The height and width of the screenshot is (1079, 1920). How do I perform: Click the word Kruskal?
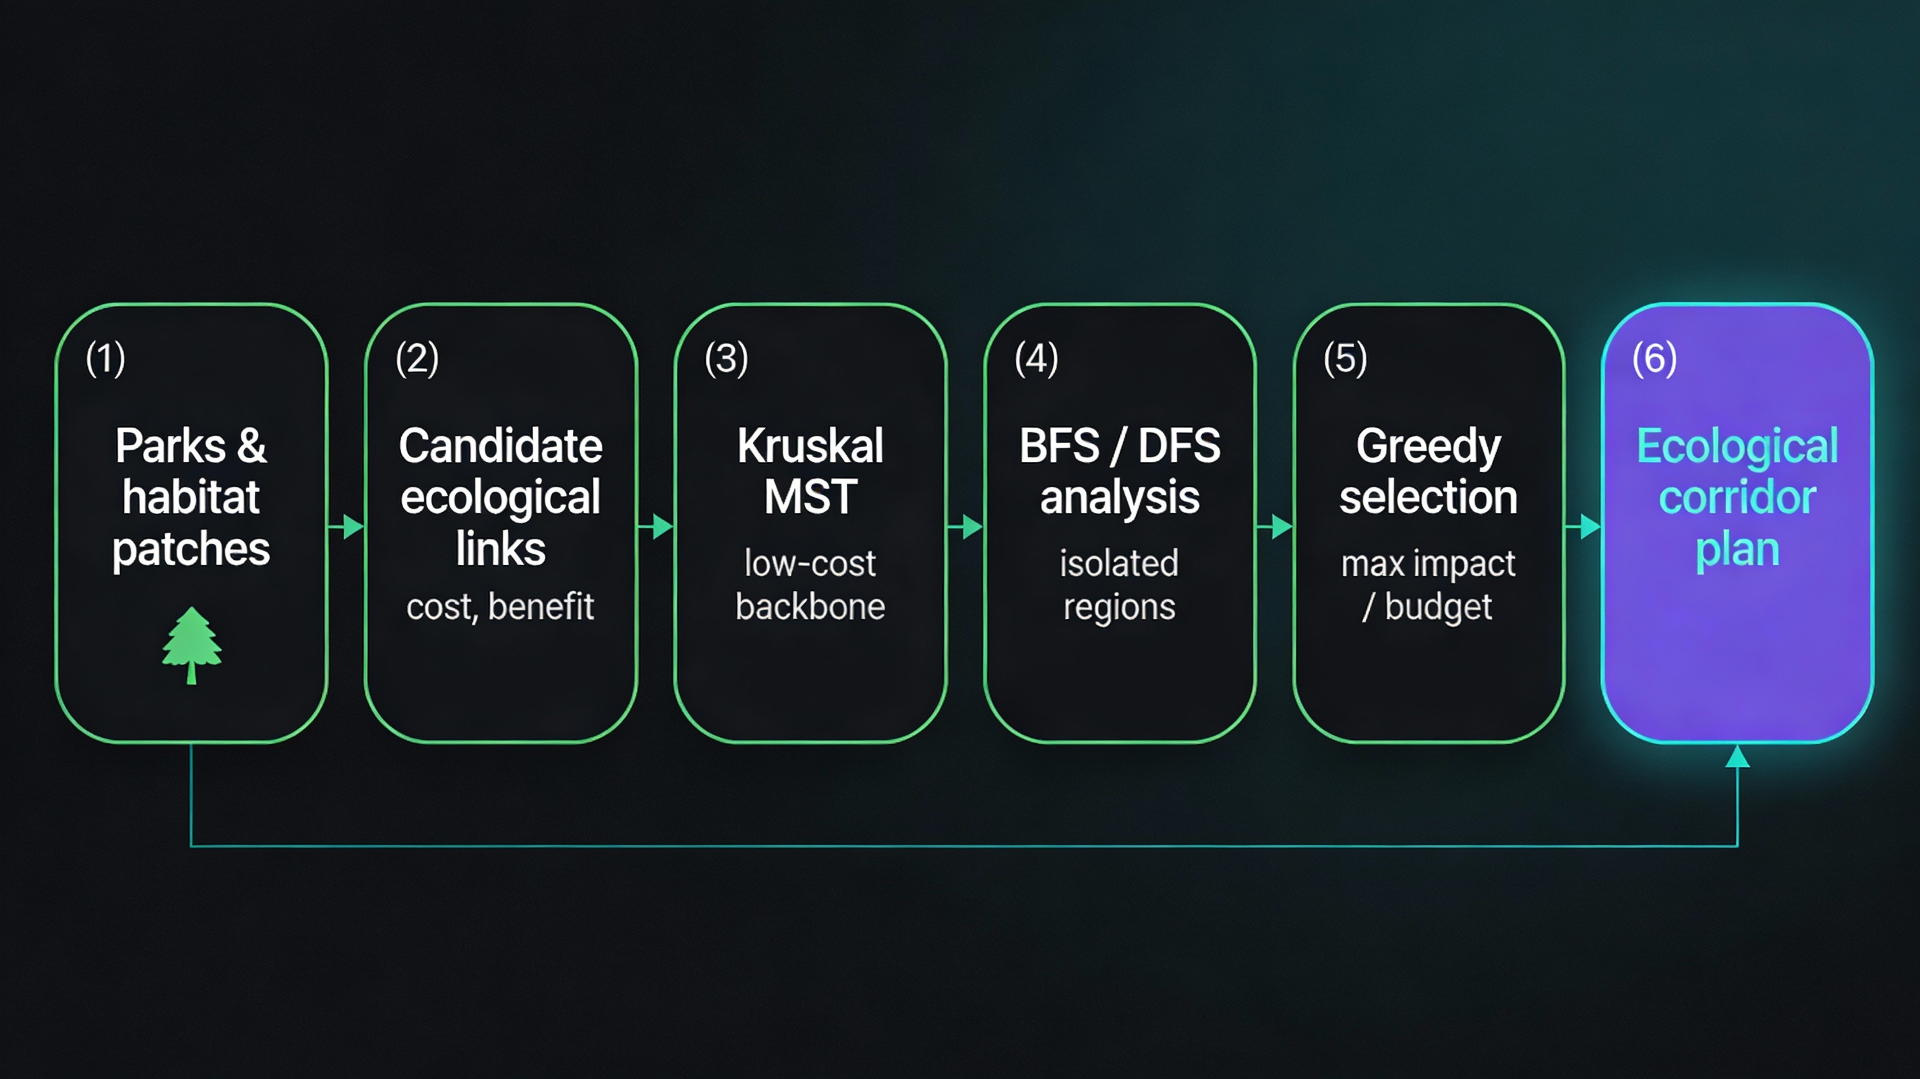tap(810, 446)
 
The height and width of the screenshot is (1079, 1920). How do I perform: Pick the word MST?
tap(810, 498)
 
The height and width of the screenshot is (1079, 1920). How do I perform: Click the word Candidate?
tap(500, 446)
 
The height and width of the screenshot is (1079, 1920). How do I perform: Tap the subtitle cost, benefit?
tap(500, 606)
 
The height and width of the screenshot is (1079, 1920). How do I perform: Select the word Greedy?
tap(1428, 446)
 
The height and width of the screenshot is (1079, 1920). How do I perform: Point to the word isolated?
tap(1118, 563)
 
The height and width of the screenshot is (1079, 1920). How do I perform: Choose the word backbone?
tap(810, 606)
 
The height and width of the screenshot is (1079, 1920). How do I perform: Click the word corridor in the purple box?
tap(1737, 498)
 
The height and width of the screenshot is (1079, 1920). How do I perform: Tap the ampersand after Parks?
tap(251, 446)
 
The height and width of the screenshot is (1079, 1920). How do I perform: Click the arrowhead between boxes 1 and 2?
tap(353, 527)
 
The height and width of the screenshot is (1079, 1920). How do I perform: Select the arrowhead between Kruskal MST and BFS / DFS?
tap(972, 527)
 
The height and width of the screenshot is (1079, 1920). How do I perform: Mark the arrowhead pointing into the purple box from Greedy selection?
tap(1590, 527)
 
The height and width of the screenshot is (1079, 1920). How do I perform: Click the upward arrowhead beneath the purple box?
tap(1737, 757)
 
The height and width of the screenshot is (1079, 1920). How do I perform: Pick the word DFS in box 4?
tap(1179, 446)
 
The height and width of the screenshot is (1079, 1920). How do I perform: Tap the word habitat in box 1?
tap(191, 498)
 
